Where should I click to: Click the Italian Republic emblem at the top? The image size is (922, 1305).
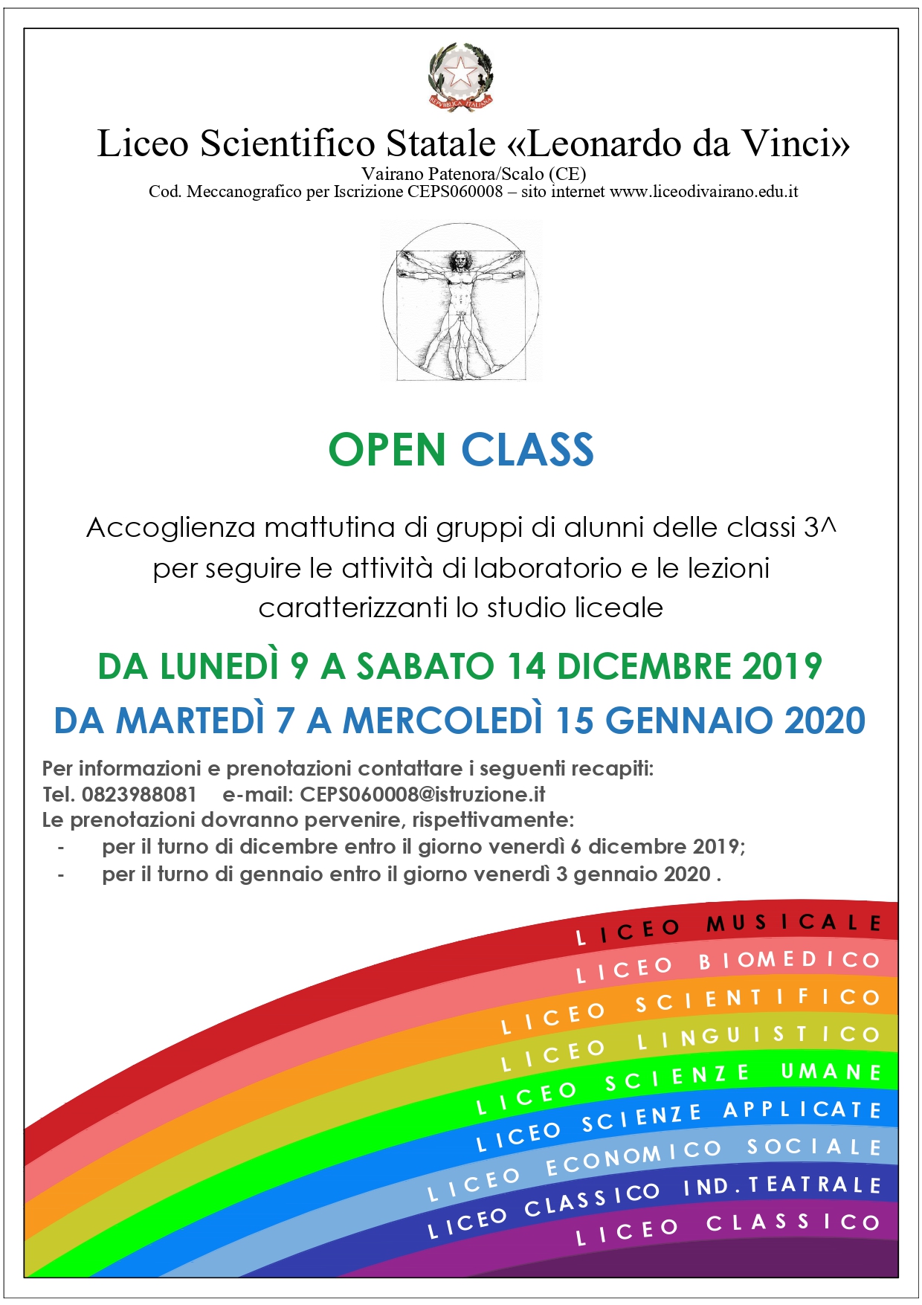click(x=461, y=77)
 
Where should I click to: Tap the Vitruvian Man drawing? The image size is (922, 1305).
click(x=461, y=302)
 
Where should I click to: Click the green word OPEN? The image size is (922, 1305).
click(x=387, y=450)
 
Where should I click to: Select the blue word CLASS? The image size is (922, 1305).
click(x=527, y=450)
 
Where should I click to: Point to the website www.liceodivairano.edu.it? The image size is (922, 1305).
click(x=703, y=192)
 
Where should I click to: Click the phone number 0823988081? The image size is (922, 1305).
click(x=139, y=794)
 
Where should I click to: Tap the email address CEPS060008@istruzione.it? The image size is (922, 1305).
click(x=422, y=794)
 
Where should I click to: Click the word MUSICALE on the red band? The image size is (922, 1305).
click(x=793, y=923)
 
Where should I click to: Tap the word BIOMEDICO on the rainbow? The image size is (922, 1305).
click(x=789, y=960)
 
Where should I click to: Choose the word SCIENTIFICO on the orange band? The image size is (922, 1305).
click(x=758, y=999)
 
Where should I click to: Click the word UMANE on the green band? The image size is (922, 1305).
click(x=831, y=1072)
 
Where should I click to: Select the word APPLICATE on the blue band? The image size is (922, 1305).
click(x=802, y=1109)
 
